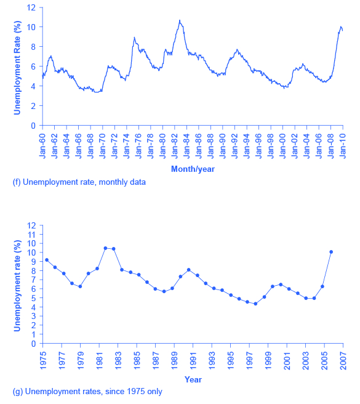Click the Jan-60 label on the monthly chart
pos(43,144)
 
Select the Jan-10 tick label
pos(343,144)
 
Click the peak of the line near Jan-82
pos(180,20)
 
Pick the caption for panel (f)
pos(79,182)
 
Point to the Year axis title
pos(193,379)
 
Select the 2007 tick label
pos(343,360)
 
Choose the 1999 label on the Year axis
pos(269,360)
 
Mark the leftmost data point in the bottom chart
pos(46,260)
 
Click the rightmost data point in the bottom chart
pos(331,252)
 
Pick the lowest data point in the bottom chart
pos(255,304)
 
